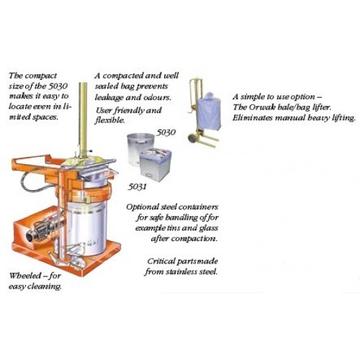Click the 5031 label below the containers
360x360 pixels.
(x=137, y=186)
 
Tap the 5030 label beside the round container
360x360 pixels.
(x=166, y=132)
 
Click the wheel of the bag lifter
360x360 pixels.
(x=192, y=139)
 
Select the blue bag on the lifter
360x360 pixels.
(x=208, y=110)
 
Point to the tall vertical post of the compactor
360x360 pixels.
(x=83, y=120)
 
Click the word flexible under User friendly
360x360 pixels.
(x=110, y=120)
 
